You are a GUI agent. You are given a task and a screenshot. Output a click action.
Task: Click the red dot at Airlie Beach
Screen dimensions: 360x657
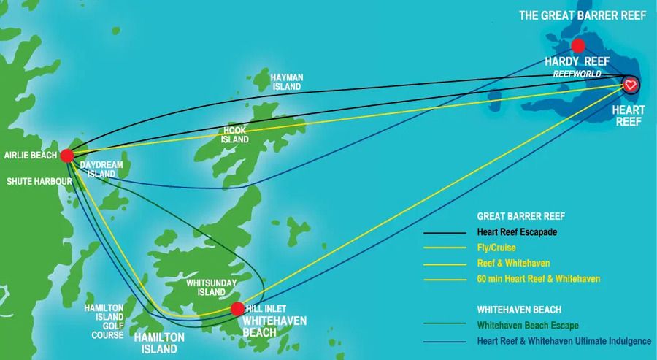(67, 155)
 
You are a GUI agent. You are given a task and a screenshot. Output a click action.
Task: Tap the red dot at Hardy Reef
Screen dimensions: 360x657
(579, 45)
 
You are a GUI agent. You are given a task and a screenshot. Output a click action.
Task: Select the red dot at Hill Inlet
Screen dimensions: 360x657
(237, 309)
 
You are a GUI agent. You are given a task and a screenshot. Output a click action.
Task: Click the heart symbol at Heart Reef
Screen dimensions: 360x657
(631, 85)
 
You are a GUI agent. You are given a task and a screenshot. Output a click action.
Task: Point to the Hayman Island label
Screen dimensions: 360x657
(286, 82)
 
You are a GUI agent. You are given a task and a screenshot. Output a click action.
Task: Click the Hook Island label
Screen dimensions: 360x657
(235, 134)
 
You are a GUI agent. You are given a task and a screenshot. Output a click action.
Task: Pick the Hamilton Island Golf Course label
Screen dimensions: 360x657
(108, 321)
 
